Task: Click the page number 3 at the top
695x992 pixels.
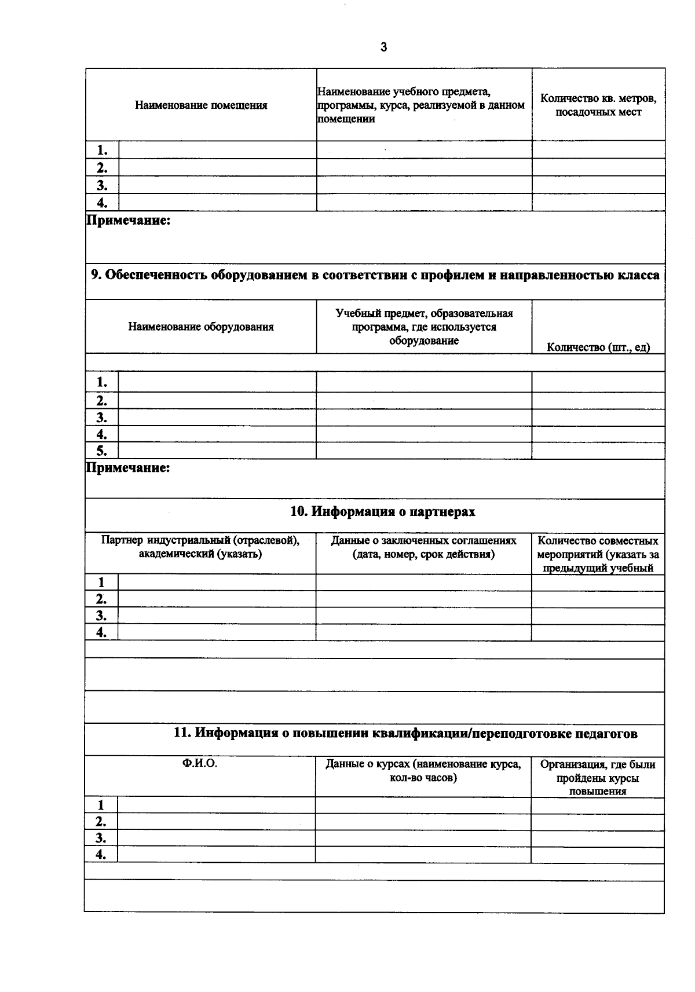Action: tap(383, 47)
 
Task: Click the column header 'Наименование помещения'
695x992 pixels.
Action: tap(201, 105)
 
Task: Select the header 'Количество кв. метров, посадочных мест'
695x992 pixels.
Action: tap(598, 105)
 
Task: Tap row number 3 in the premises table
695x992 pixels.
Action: tap(102, 185)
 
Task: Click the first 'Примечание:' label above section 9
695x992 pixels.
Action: tap(128, 221)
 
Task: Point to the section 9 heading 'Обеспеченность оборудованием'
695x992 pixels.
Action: tap(375, 275)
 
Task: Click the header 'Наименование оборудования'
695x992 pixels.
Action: tap(200, 327)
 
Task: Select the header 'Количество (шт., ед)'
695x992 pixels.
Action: tap(598, 347)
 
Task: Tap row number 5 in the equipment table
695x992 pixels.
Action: tap(101, 451)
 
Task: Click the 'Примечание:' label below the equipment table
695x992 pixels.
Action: tap(128, 468)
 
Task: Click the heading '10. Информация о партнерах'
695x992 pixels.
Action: tap(382, 512)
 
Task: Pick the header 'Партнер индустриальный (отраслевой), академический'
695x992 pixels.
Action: tap(200, 547)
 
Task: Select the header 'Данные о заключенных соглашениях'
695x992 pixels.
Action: tap(423, 547)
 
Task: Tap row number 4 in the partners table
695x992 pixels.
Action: tap(101, 632)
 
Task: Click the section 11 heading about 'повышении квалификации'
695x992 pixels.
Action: tap(405, 734)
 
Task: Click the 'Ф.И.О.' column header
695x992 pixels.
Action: tap(200, 764)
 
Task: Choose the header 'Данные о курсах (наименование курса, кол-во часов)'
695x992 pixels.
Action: tap(423, 771)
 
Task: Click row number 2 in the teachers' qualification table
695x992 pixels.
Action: tap(101, 822)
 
